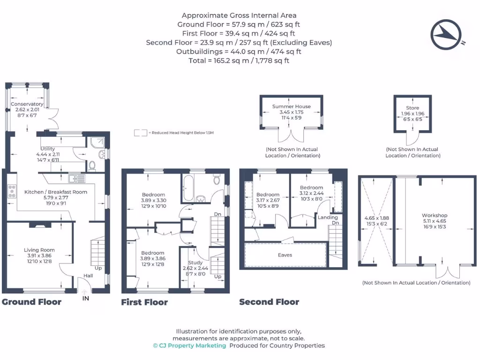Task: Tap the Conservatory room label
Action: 27,104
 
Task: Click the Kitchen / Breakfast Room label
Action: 56,192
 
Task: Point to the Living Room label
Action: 39,250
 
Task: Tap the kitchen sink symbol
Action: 75,178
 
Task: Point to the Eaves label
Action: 285,255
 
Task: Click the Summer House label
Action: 292,106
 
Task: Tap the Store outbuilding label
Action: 412,108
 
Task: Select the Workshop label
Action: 435,216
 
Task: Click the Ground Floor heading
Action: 31,302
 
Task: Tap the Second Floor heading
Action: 269,302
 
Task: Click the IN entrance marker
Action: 86,298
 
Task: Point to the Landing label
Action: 328,217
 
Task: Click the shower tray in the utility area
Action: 99,141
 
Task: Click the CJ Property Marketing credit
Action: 189,345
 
